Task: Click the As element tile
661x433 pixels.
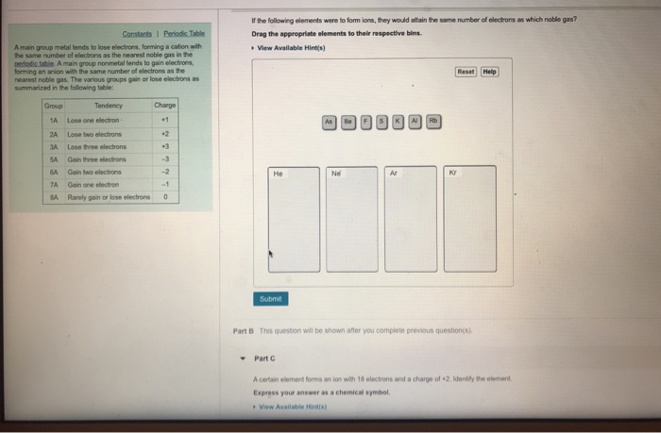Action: coord(330,122)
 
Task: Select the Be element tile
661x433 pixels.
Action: coord(347,122)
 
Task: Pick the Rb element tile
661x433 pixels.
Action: coord(433,122)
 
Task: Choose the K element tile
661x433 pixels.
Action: coord(398,122)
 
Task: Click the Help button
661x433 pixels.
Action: coord(489,71)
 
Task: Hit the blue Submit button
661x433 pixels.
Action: coord(271,298)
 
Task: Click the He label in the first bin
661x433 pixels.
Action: coord(278,174)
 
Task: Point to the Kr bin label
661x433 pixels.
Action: coord(454,174)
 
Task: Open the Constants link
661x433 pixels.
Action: coord(143,34)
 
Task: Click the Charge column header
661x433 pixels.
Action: coord(164,106)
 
